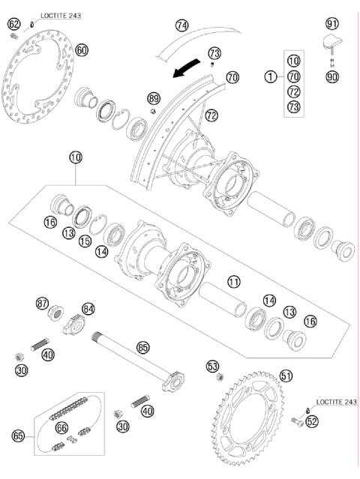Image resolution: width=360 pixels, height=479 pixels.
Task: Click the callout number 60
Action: (82, 50)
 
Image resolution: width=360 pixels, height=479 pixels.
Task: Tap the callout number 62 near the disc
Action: (13, 25)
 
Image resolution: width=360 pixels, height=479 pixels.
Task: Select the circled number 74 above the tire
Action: (181, 25)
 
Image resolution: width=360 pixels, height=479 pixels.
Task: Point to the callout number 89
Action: (154, 98)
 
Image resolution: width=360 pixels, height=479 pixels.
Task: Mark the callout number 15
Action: (85, 241)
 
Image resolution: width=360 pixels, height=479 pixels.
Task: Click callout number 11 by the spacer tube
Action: (234, 283)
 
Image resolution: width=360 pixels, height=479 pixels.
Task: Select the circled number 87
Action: (43, 304)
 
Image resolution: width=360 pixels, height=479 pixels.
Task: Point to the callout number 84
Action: (88, 309)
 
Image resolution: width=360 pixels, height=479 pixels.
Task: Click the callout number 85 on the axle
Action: (143, 347)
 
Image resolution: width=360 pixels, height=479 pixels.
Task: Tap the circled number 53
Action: (212, 366)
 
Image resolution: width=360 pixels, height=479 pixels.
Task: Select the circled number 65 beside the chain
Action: (18, 435)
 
